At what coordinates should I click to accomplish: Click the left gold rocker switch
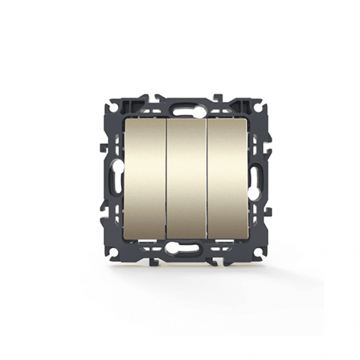(x=145, y=179)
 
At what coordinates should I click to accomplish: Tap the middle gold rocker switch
(x=187, y=179)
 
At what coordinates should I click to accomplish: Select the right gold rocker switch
(x=228, y=179)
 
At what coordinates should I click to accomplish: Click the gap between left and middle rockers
(x=166, y=179)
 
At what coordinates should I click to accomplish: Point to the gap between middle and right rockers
(x=207, y=179)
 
